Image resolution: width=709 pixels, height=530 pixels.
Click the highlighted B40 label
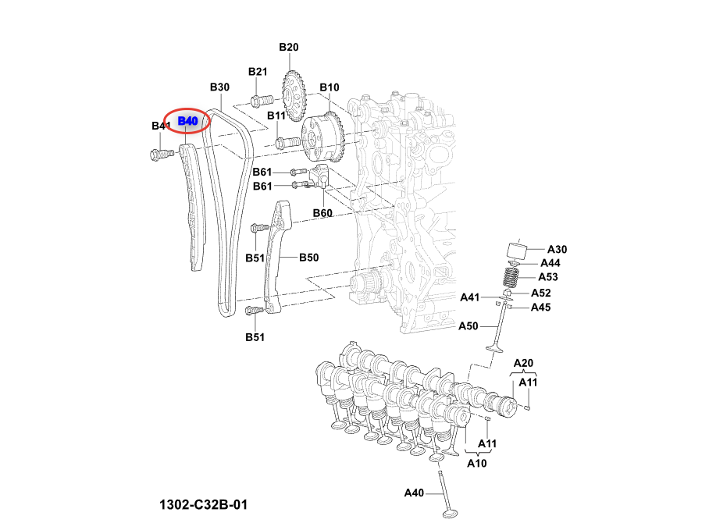pos(187,121)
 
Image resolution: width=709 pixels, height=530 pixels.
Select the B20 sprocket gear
pos(294,96)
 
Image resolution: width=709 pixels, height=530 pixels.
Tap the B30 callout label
pos(219,87)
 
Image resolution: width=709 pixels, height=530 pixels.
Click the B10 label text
pos(329,87)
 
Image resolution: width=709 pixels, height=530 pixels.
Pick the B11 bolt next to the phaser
pos(287,143)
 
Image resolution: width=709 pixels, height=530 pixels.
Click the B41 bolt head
pos(159,155)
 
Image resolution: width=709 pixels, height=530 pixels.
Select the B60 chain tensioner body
pos(321,177)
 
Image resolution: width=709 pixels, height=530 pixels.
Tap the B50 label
pos(309,257)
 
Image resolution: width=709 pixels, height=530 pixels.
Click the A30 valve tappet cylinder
pos(516,252)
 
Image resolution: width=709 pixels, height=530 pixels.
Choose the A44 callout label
pos(550,263)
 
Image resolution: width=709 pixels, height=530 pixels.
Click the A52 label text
pos(541,293)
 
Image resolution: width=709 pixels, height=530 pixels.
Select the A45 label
pos(541,308)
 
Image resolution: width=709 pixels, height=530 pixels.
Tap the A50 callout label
pos(469,325)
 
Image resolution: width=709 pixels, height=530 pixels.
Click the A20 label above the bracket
pos(523,363)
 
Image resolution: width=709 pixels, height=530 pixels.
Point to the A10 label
pos(476,463)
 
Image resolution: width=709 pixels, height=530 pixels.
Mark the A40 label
pos(414,493)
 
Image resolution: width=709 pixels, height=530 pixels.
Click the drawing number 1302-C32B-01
pos(203,505)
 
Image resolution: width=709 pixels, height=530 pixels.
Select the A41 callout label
pos(470,297)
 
